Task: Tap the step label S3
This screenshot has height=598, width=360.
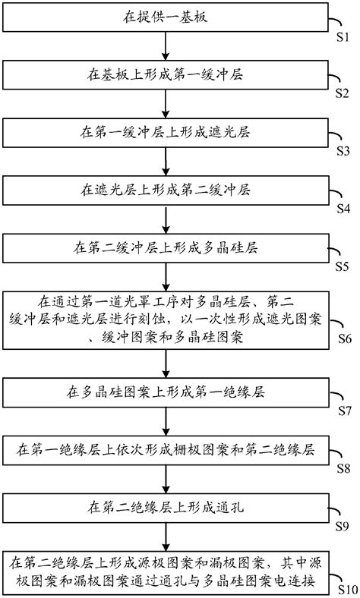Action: tap(343, 149)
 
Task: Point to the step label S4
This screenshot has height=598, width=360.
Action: tap(343, 207)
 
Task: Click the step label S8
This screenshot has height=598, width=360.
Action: tap(343, 467)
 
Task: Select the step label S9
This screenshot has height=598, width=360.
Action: tap(343, 524)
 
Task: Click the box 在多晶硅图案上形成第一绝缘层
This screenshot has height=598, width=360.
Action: tap(165, 392)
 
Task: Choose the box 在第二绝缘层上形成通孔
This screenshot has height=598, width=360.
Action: tap(165, 505)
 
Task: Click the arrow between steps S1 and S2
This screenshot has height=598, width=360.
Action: tap(166, 45)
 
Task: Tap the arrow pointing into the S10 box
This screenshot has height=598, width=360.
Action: tap(166, 534)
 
